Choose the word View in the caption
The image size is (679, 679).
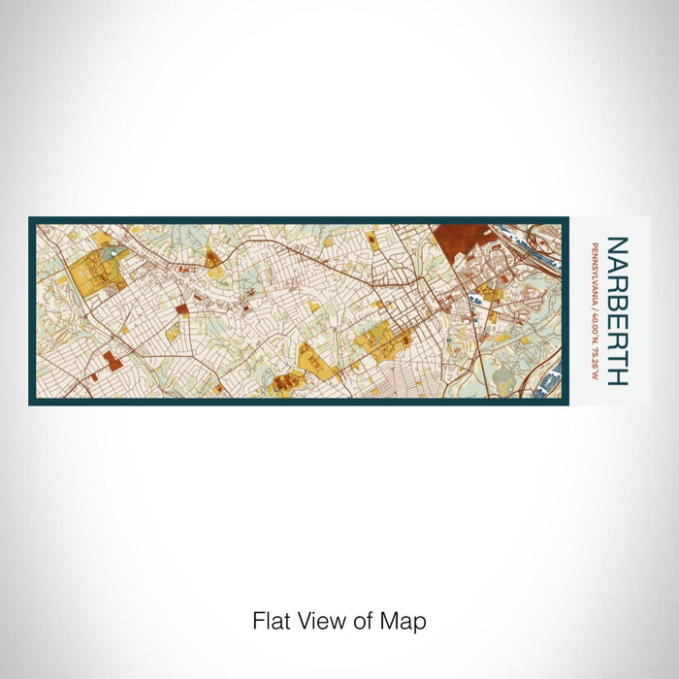(315, 621)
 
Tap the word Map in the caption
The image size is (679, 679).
(407, 621)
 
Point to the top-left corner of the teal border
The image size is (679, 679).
(31, 219)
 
